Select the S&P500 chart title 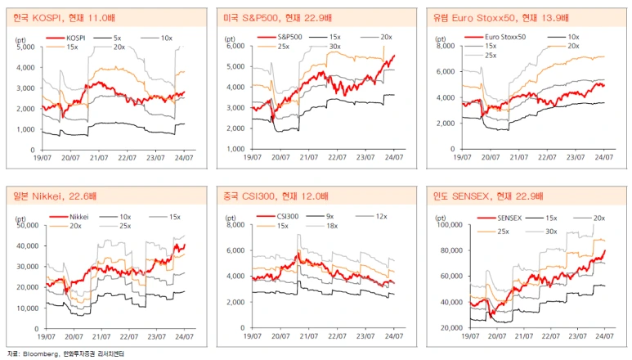click(275, 16)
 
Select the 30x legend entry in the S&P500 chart click(334, 46)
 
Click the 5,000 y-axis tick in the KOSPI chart click(25, 47)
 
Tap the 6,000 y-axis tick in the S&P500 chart click(237, 47)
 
